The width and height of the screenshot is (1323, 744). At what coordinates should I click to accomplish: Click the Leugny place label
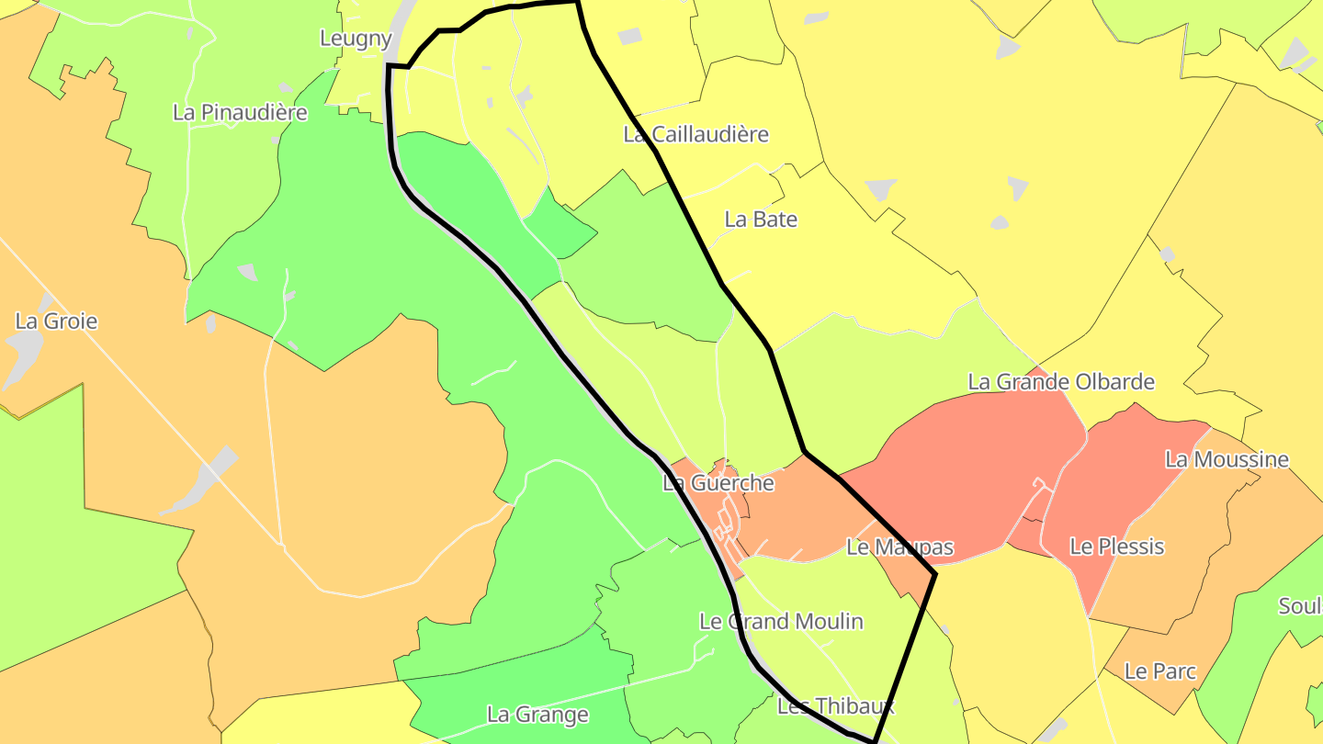[356, 39]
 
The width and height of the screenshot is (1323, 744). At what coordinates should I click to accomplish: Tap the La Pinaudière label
[240, 113]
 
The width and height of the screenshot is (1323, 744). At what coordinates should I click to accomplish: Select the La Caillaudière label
[695, 134]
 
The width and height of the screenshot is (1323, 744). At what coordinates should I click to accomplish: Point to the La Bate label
[761, 220]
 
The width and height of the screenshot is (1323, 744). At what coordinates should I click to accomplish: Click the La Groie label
[56, 321]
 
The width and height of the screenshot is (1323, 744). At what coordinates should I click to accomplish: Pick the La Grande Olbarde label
[1061, 382]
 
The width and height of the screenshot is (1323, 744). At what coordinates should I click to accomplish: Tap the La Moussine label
[1227, 459]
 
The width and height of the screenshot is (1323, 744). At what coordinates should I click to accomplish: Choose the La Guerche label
[718, 483]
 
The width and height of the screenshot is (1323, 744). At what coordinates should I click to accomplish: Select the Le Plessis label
[1116, 547]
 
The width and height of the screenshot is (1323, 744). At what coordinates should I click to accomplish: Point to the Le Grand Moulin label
[781, 622]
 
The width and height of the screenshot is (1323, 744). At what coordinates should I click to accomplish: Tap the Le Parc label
[1160, 671]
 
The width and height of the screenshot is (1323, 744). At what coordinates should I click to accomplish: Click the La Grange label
[537, 715]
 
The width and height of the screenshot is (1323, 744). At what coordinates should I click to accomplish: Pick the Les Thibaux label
[835, 706]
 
